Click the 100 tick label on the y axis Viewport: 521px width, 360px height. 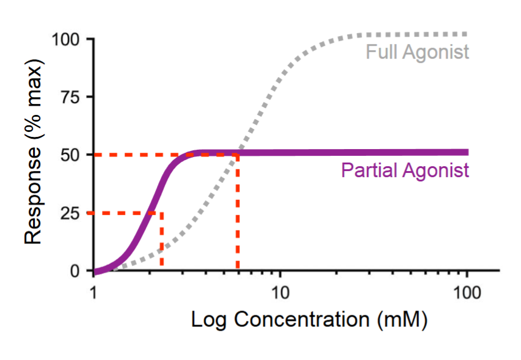coord(67,39)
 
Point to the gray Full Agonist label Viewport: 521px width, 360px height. coord(418,52)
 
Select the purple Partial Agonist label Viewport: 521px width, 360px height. coord(405,170)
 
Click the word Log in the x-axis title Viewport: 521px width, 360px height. coord(211,320)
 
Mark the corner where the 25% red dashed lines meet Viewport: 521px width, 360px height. coord(161,213)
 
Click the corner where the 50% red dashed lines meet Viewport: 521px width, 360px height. coord(237,155)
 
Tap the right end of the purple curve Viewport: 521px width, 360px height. coord(467,152)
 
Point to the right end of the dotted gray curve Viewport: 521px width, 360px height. coord(467,34)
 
